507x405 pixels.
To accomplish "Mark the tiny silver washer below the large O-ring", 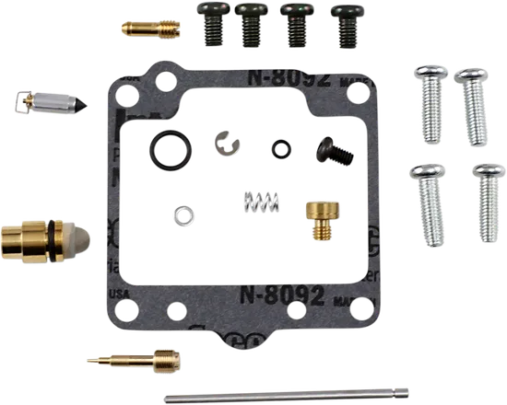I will (184, 216).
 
